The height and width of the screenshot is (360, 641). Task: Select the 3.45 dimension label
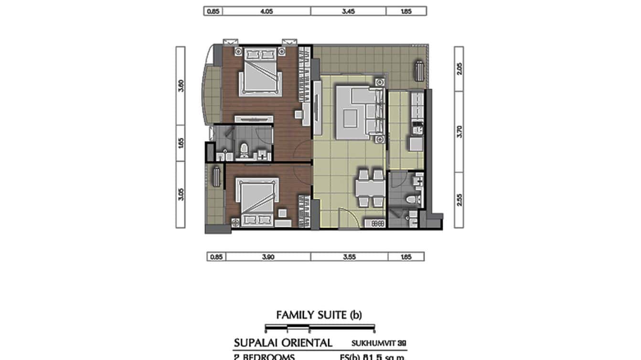click(348, 11)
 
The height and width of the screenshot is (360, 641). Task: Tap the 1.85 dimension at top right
click(406, 11)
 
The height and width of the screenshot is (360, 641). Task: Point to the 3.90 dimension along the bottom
click(267, 257)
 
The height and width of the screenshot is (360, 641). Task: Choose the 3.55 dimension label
click(349, 257)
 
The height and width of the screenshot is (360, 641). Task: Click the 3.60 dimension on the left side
click(181, 85)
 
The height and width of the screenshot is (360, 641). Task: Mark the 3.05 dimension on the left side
click(181, 194)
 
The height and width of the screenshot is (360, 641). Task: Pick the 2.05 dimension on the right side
click(459, 69)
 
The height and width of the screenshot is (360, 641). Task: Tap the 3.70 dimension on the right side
click(459, 131)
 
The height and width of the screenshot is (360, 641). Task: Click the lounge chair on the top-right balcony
click(419, 71)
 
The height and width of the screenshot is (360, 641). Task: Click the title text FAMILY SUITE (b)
click(319, 315)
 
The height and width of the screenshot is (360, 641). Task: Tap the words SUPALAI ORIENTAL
click(283, 343)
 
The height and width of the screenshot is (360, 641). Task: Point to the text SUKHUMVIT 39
click(379, 343)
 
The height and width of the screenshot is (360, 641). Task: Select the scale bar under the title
click(320, 328)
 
